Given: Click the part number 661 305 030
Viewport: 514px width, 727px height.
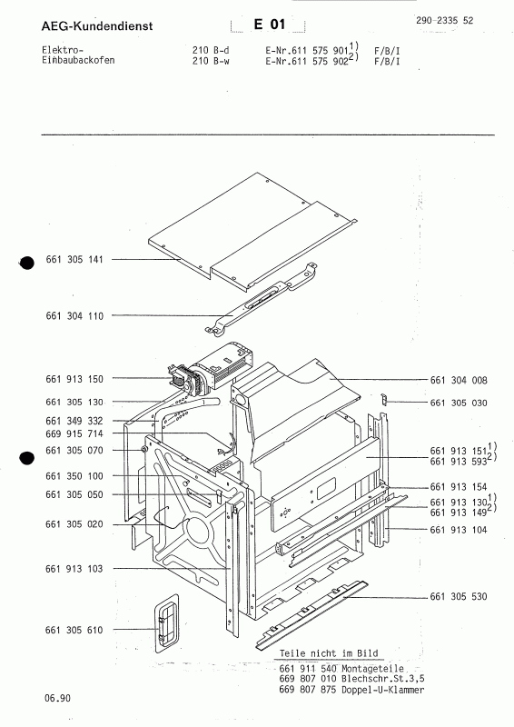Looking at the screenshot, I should [458, 403].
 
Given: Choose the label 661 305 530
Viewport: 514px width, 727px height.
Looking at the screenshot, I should [458, 597].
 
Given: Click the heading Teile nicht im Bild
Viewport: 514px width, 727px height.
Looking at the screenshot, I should [330, 653].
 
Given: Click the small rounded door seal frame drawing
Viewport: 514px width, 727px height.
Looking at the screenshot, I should [163, 625].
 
